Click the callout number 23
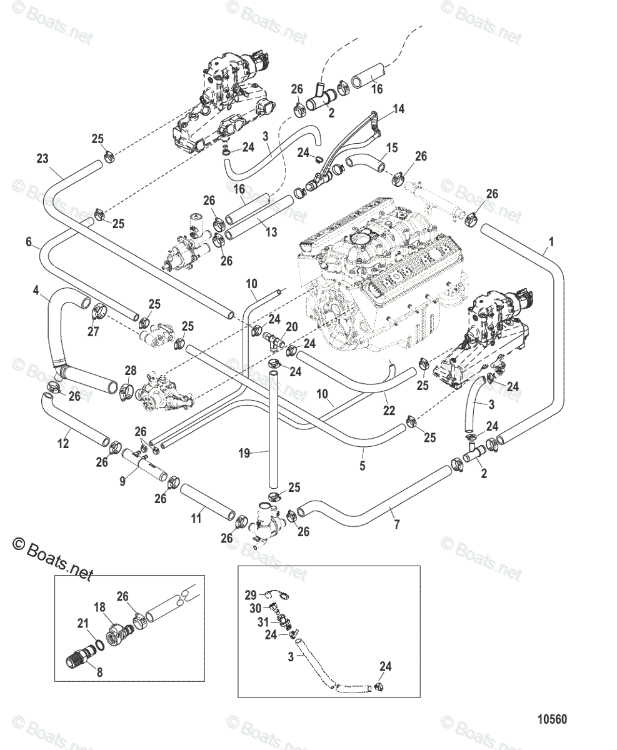point(42,159)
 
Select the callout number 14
point(398,109)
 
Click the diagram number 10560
point(551,719)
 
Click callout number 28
point(130,371)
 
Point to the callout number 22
point(389,410)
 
